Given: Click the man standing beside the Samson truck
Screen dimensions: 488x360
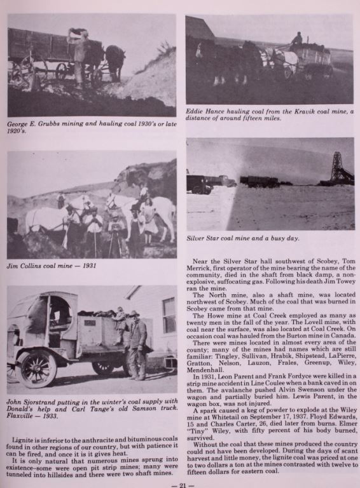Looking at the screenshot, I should coord(137,343).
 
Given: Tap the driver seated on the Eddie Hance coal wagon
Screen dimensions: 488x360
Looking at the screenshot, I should coord(296,40).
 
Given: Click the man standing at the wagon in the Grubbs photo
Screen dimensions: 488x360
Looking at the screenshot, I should coord(80,54).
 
